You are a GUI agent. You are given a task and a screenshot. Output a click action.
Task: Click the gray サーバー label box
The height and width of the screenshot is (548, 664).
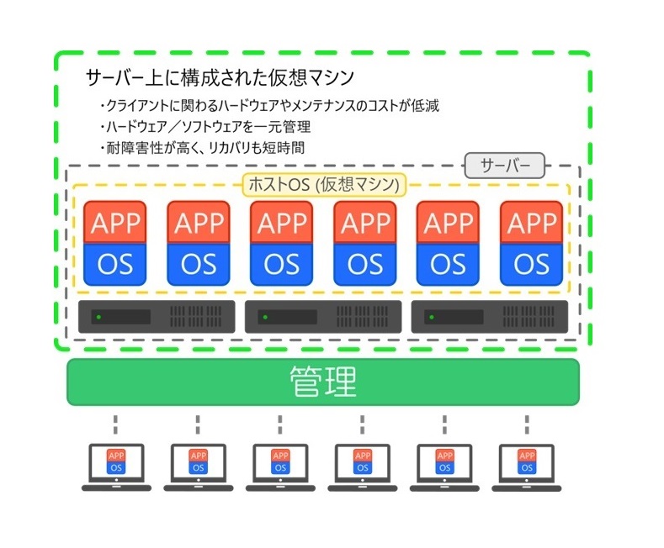click(x=505, y=166)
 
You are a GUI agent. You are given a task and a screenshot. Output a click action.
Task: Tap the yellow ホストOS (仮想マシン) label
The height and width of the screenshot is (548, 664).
click(x=324, y=185)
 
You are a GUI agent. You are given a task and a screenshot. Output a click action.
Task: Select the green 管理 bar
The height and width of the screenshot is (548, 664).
click(x=323, y=382)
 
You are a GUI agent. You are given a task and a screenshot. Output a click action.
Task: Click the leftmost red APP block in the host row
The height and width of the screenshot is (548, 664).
click(x=115, y=222)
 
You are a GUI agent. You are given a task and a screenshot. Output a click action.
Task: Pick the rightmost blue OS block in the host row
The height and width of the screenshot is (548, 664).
click(x=532, y=264)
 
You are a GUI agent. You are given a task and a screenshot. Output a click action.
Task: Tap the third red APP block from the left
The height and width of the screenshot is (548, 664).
click(x=282, y=222)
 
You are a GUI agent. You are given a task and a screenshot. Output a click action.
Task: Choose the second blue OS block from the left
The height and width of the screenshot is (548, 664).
click(x=199, y=264)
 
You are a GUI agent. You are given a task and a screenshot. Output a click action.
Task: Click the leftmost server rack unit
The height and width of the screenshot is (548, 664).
click(x=157, y=317)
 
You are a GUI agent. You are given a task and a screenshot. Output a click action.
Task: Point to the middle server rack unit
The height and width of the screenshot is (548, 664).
click(x=323, y=317)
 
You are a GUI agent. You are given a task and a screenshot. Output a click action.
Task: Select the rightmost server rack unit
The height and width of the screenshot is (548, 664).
click(x=490, y=317)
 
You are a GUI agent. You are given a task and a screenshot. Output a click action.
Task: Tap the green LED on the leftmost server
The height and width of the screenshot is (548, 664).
click(x=98, y=317)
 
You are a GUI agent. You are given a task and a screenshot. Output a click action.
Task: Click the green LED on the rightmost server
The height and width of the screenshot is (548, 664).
click(x=432, y=317)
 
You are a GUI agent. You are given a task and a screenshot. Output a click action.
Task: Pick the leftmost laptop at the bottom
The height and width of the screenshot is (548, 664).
click(x=116, y=467)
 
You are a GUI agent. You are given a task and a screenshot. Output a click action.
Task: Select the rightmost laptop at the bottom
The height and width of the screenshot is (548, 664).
click(x=527, y=467)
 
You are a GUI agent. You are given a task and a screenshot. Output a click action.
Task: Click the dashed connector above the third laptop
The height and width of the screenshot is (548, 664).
click(x=280, y=424)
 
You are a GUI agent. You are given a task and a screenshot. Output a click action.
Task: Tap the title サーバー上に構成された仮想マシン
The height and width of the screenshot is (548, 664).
click(x=220, y=78)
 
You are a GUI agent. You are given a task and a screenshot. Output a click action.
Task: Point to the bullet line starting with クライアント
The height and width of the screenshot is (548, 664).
click(x=270, y=105)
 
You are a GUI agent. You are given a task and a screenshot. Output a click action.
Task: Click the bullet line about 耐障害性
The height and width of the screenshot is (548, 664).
click(x=203, y=148)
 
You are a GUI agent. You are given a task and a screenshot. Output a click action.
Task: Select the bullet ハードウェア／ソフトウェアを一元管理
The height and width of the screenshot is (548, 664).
click(x=205, y=126)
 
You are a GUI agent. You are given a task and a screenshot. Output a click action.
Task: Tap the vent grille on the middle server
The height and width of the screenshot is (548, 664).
click(x=362, y=317)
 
